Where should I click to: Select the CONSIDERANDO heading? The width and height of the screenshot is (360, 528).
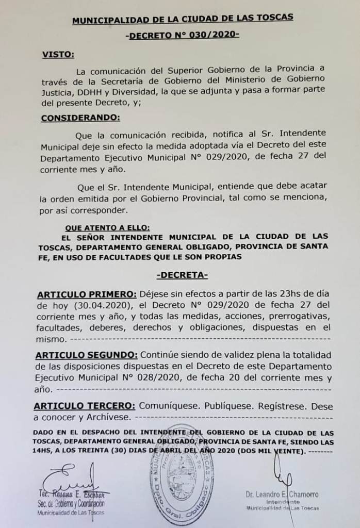tap(80, 117)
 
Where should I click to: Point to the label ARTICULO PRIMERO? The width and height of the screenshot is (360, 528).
tap(87, 294)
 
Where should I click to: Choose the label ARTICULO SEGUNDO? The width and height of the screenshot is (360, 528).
tap(87, 355)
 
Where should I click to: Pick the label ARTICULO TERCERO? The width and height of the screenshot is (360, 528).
tap(86, 406)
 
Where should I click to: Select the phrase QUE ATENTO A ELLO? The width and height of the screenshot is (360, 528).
tap(108, 227)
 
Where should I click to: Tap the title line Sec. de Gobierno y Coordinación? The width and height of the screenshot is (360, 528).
tap(71, 504)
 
